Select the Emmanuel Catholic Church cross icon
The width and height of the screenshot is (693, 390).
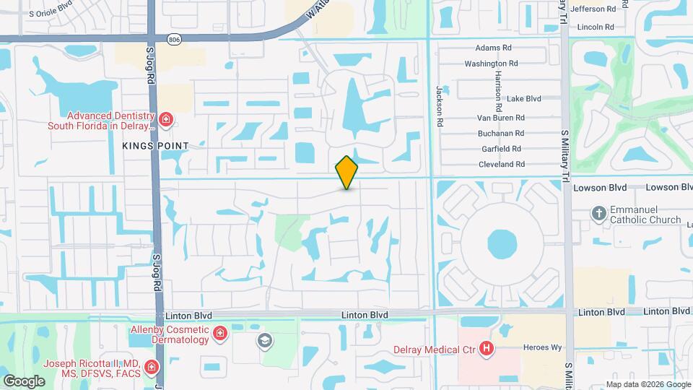[598, 213]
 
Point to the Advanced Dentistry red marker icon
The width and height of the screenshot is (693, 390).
[166, 119]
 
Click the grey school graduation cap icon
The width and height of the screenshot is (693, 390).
[265, 340]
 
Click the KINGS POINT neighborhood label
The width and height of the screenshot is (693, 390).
[155, 146]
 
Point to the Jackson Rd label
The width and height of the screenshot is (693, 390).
[438, 105]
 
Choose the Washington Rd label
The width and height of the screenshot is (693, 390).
[491, 64]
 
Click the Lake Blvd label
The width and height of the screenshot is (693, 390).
[523, 99]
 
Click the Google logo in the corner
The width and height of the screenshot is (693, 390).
[24, 381]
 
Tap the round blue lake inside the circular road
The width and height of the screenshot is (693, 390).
[502, 243]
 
